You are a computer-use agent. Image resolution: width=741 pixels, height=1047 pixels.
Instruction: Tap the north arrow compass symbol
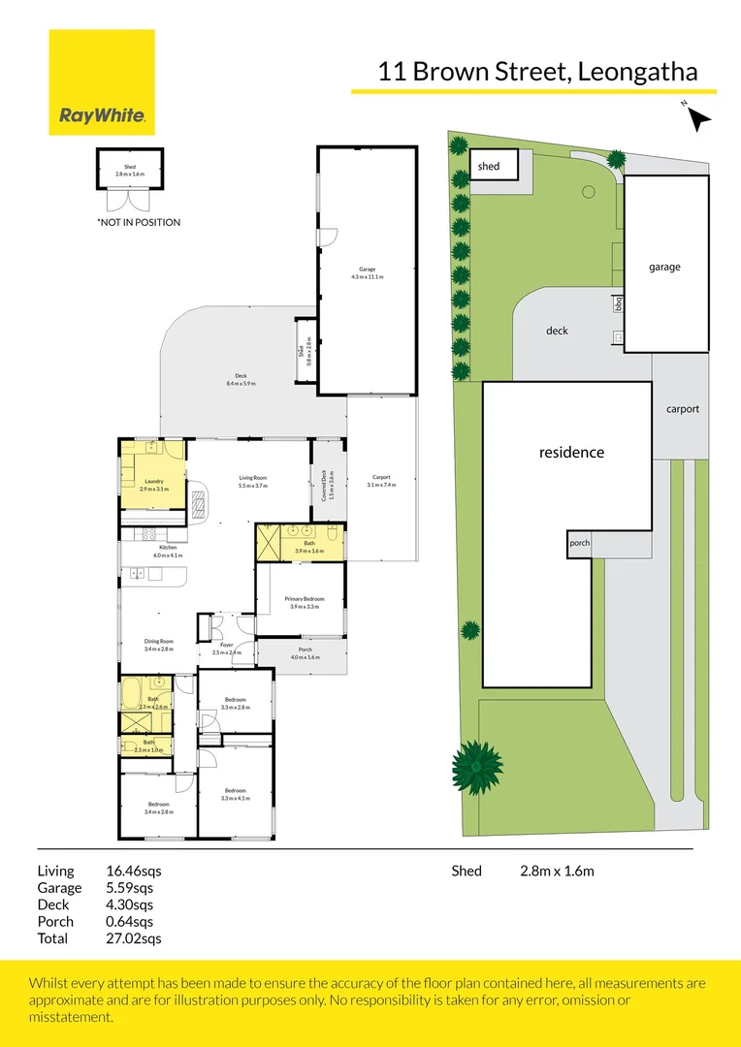[698, 117]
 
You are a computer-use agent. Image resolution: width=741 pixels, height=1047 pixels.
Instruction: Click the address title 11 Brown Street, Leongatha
[537, 71]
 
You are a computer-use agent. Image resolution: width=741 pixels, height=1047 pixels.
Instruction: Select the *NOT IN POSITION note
[138, 222]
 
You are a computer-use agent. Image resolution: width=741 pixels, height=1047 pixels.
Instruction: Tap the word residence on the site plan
[571, 452]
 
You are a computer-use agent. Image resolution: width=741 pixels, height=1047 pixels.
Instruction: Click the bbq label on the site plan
[618, 303]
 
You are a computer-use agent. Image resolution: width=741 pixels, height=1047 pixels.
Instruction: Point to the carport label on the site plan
[682, 409]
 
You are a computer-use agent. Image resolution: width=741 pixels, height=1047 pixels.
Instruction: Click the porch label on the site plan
[579, 543]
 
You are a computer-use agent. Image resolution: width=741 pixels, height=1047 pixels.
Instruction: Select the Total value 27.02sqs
[133, 938]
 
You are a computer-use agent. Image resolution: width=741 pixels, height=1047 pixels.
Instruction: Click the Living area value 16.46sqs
[133, 871]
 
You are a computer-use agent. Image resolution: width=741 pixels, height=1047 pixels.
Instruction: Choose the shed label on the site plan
[489, 167]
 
